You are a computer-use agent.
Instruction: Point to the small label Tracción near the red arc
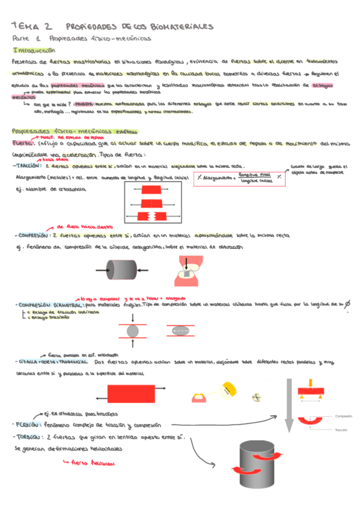(342, 430)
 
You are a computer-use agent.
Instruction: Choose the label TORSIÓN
(26, 437)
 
